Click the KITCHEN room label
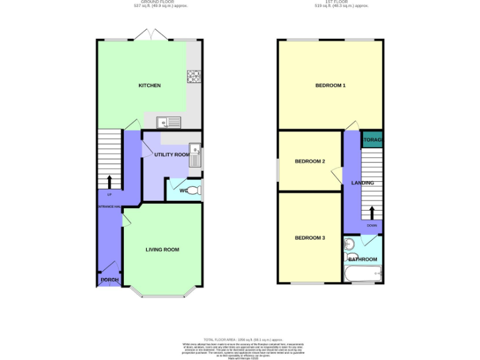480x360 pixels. (149, 86)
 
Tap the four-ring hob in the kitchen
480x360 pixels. (193, 77)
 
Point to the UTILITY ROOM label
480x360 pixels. (172, 154)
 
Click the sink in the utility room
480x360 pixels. (196, 151)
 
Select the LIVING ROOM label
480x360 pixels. (162, 249)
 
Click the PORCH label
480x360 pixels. (109, 279)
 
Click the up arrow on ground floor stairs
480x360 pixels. (110, 181)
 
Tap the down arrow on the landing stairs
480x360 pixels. (372, 213)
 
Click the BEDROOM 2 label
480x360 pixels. (309, 161)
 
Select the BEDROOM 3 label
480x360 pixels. (309, 237)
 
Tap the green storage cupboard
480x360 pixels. (373, 140)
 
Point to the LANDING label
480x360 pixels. (362, 183)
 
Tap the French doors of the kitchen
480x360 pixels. (151, 36)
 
